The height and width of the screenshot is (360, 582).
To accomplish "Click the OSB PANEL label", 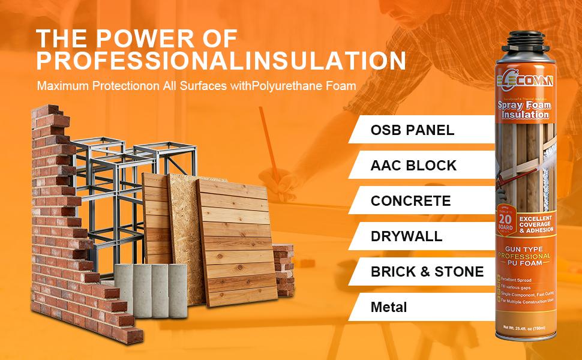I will tap(412, 130).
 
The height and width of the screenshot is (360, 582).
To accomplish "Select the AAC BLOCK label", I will tap(413, 165).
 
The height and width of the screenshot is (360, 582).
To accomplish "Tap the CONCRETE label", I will tap(410, 200).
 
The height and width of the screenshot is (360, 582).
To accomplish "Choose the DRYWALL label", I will tap(406, 236).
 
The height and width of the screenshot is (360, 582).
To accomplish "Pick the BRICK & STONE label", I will tap(427, 271).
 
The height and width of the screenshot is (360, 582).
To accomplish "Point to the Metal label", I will tap(389, 307).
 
